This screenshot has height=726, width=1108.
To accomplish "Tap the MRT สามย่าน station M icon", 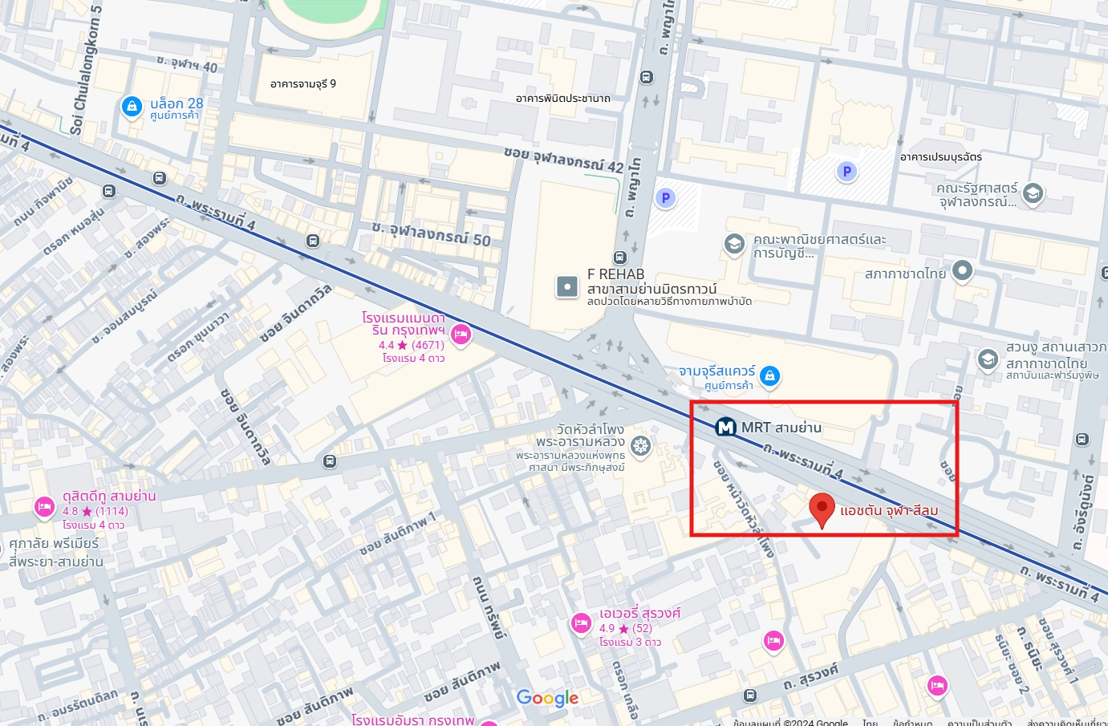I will (x=726, y=428).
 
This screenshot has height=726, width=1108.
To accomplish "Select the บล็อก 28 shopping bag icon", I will (x=132, y=106).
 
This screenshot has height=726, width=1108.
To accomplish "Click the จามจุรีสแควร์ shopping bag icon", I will (x=769, y=375).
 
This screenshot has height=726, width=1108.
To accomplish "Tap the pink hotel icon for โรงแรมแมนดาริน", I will (x=461, y=335).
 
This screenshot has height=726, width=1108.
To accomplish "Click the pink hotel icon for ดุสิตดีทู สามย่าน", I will (x=44, y=507).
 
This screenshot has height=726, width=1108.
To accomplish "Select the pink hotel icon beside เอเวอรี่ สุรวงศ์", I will (x=581, y=623).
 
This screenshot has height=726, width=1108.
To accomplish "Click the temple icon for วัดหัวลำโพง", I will (x=640, y=446).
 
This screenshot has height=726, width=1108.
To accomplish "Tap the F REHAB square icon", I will (x=567, y=286).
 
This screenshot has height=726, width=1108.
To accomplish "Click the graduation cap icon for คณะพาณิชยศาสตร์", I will (x=734, y=244).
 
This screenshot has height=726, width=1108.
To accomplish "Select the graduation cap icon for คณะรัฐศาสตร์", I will (x=1033, y=193).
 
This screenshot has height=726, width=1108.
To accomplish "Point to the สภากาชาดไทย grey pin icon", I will (x=962, y=271).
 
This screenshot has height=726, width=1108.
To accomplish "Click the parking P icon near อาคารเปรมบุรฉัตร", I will (x=846, y=171).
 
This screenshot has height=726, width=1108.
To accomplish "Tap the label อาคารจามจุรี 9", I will (x=303, y=83).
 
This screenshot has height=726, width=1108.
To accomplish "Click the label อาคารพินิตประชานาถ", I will (x=562, y=99).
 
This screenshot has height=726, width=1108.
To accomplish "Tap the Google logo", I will (x=547, y=698).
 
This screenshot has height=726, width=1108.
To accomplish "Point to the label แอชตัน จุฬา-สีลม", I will (x=889, y=510).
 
